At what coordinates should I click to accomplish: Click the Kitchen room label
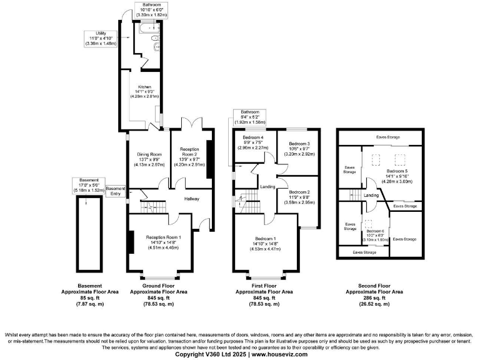point(145,87)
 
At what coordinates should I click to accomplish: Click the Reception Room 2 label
point(189,152)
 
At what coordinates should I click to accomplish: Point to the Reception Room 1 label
point(163,237)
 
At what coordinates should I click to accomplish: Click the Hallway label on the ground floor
point(192,199)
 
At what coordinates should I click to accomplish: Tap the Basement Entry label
point(114,191)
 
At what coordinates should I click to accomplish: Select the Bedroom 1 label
point(266,239)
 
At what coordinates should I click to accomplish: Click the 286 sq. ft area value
point(374,297)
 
